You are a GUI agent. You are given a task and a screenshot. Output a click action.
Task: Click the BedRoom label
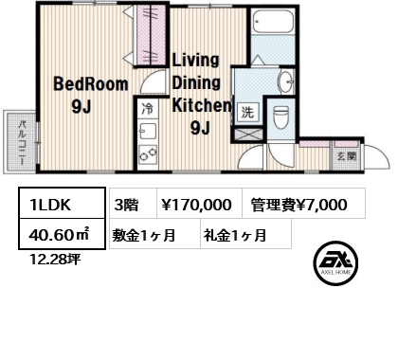[x=91, y=84]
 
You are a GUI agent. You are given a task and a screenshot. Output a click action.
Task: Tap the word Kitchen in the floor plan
[x=202, y=105]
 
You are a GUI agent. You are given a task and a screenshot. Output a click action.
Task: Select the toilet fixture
[x=280, y=117]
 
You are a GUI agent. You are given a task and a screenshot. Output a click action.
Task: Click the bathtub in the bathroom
[x=273, y=21]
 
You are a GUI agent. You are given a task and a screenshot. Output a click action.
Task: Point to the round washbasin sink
[x=285, y=82]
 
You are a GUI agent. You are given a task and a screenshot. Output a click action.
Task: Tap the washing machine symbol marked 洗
[x=247, y=112]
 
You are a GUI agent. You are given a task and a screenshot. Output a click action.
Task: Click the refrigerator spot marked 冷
[x=148, y=109]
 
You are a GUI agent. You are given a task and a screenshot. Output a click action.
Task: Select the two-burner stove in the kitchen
[x=148, y=154]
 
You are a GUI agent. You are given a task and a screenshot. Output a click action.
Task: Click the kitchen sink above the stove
[x=148, y=131]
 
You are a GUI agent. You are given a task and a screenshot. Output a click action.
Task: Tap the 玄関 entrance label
[x=347, y=156]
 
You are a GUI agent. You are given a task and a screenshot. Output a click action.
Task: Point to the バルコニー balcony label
[x=22, y=142]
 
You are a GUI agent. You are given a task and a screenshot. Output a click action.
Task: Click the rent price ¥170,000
[x=196, y=205]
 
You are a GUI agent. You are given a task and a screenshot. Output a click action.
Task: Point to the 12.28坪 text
[x=55, y=260]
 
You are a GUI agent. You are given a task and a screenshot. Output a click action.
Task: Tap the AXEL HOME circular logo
[x=335, y=263]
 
